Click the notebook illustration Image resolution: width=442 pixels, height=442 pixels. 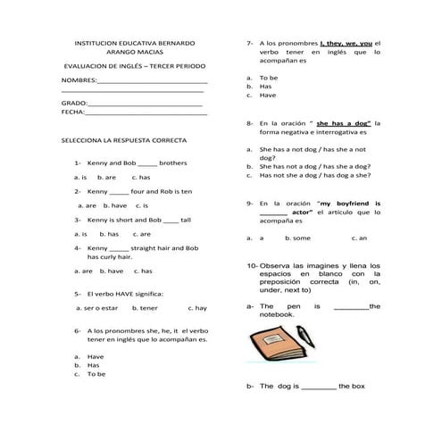(273, 349)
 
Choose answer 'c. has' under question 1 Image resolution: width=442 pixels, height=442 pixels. (140, 177)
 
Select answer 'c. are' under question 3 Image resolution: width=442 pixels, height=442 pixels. (141, 233)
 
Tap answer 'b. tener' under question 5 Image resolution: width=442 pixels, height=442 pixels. (145, 307)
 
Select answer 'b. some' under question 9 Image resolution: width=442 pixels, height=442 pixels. (298, 238)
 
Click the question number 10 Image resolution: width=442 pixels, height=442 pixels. (251, 266)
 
